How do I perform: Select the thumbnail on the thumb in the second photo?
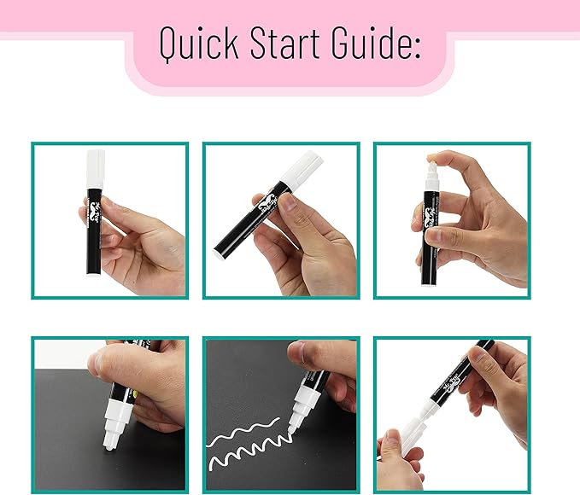click(x=290, y=201)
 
